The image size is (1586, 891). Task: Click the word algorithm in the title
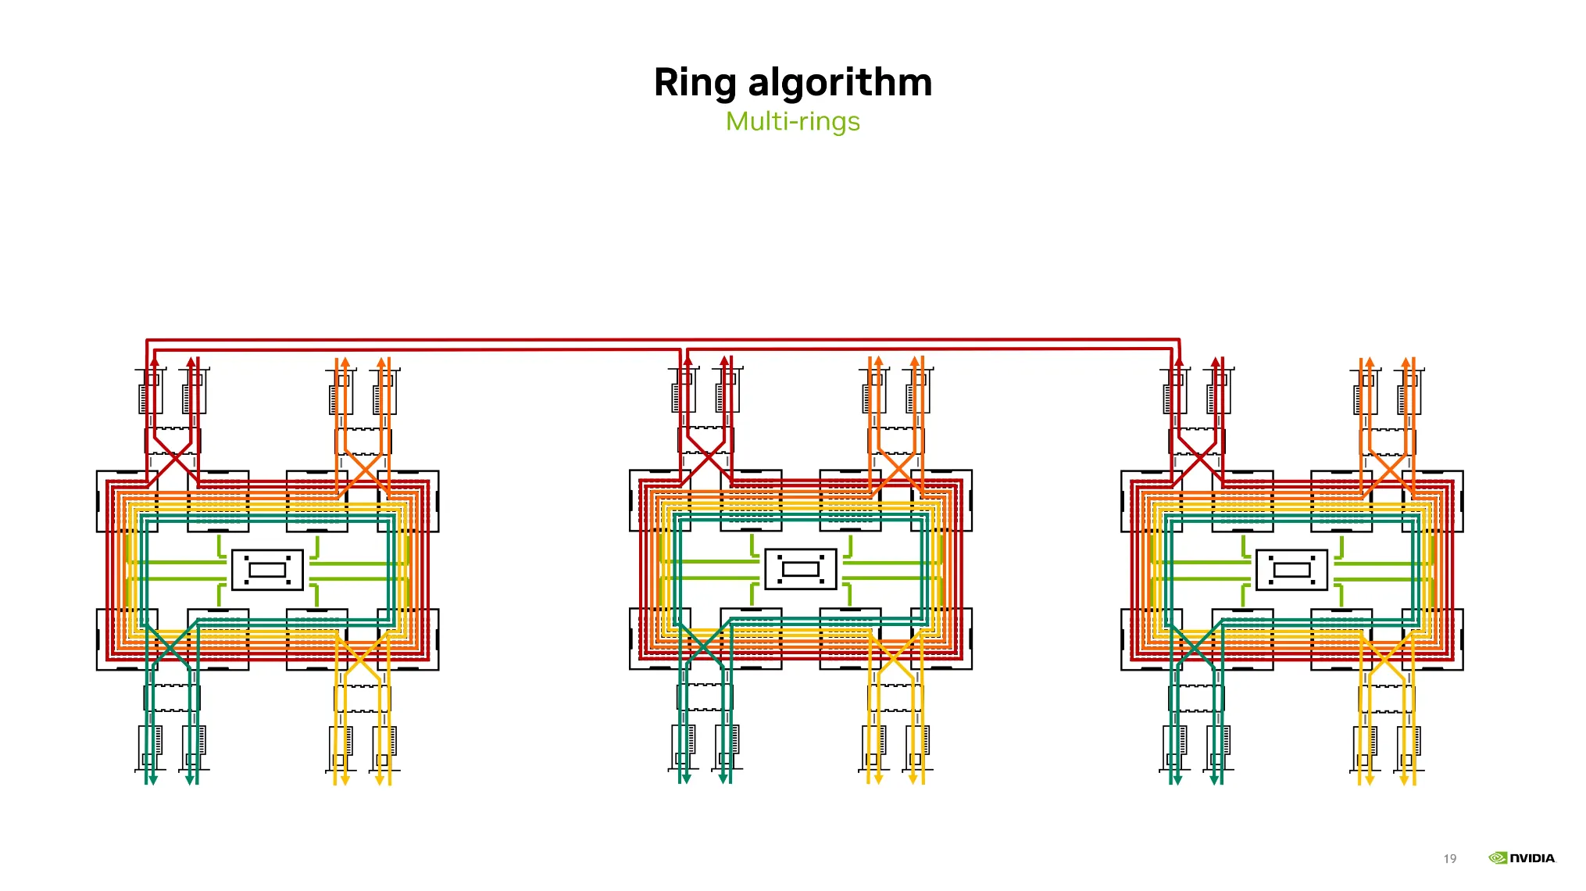[840, 83]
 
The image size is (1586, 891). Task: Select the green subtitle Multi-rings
[793, 122]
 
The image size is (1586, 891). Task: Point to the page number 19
[1450, 859]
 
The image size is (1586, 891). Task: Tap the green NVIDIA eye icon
[1498, 858]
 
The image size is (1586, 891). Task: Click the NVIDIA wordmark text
[1533, 858]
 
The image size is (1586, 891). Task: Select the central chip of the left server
[267, 570]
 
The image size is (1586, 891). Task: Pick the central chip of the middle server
[801, 569]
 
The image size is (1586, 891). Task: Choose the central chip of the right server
[1292, 570]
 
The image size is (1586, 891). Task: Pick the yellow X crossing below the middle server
[895, 657]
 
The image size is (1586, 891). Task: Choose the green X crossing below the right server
[1195, 645]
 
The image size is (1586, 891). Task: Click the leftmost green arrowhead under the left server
[153, 780]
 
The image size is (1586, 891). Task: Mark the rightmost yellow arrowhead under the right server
[1404, 780]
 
